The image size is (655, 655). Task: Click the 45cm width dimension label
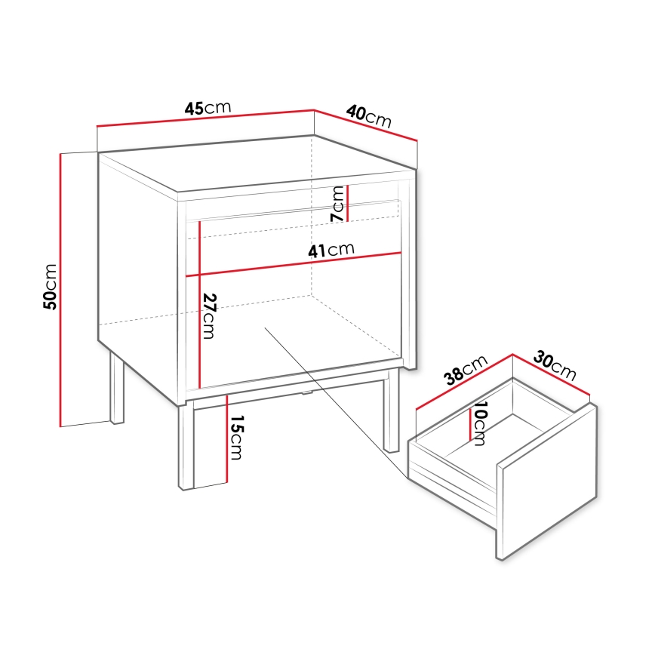(x=208, y=109)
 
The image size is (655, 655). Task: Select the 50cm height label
(x=50, y=287)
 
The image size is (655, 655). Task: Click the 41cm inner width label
(x=331, y=251)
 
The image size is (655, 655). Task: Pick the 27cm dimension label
(x=210, y=315)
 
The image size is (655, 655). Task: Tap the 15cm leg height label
(x=236, y=438)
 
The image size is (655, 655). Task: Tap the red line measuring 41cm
(x=294, y=263)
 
